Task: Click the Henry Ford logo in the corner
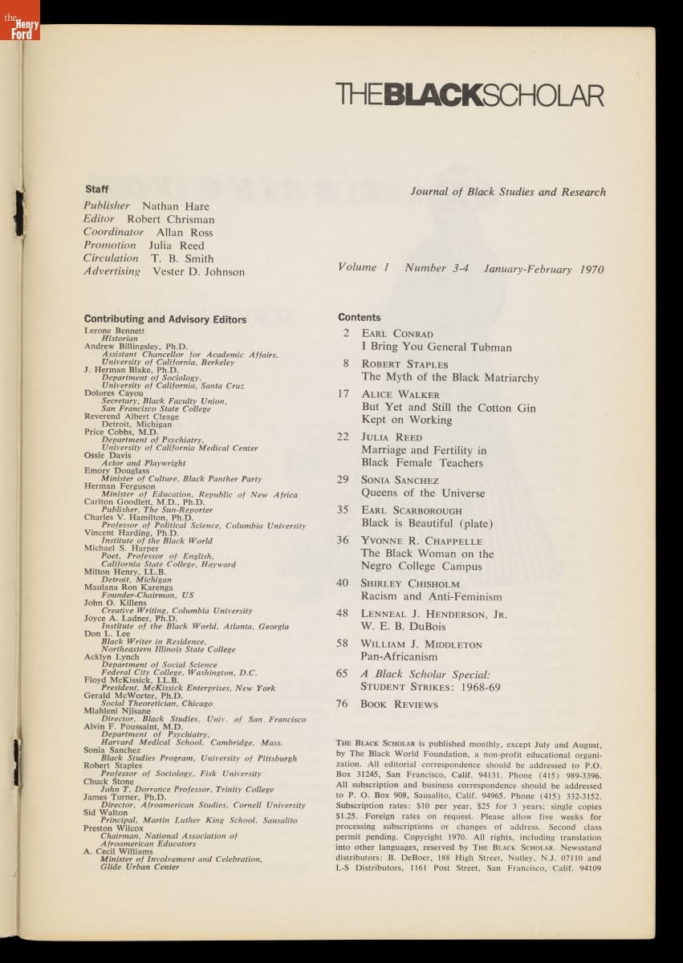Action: pyautogui.click(x=20, y=21)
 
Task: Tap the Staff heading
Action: pyautogui.click(x=96, y=189)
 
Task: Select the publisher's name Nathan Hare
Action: pyautogui.click(x=175, y=206)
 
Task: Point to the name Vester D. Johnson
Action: pyautogui.click(x=198, y=272)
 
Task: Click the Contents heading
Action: pyautogui.click(x=360, y=318)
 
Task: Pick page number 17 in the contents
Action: pyautogui.click(x=344, y=394)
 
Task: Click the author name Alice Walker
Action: pyautogui.click(x=400, y=395)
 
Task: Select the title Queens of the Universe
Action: pyautogui.click(x=423, y=493)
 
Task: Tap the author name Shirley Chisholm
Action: pyautogui.click(x=411, y=583)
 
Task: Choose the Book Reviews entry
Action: pyautogui.click(x=399, y=705)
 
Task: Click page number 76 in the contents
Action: pyautogui.click(x=343, y=704)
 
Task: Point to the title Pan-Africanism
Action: pyautogui.click(x=399, y=656)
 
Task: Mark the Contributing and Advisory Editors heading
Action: pyautogui.click(x=165, y=319)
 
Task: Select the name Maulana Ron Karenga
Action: pyautogui.click(x=128, y=587)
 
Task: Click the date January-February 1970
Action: pyautogui.click(x=543, y=270)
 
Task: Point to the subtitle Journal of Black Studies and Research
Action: pyautogui.click(x=508, y=193)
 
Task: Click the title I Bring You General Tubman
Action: pyautogui.click(x=436, y=347)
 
